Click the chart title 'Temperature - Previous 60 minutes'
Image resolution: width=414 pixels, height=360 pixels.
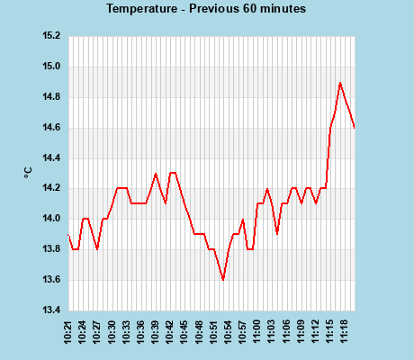[x=206, y=9]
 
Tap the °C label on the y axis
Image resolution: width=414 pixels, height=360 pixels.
[x=28, y=174]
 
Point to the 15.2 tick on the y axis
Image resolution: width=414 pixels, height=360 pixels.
[x=52, y=36]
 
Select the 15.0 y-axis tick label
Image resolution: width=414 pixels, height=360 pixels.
[x=52, y=67]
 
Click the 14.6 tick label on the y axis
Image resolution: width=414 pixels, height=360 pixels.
[x=52, y=128]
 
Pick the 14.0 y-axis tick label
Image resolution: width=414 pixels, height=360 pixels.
[x=52, y=219]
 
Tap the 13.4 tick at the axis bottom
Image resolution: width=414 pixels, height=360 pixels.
[x=52, y=310]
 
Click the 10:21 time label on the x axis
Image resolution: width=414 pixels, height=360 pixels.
[x=69, y=331]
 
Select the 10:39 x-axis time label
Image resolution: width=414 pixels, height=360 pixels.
[x=156, y=331]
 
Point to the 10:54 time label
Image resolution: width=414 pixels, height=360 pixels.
[x=228, y=331]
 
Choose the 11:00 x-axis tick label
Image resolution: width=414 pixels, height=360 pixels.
[x=256, y=331]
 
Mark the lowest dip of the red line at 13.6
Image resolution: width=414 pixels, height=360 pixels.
[x=223, y=280]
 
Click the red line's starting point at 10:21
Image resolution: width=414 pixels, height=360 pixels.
[x=68, y=235]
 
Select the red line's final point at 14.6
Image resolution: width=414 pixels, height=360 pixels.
[x=355, y=128]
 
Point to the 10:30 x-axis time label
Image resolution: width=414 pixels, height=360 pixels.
[x=112, y=331]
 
